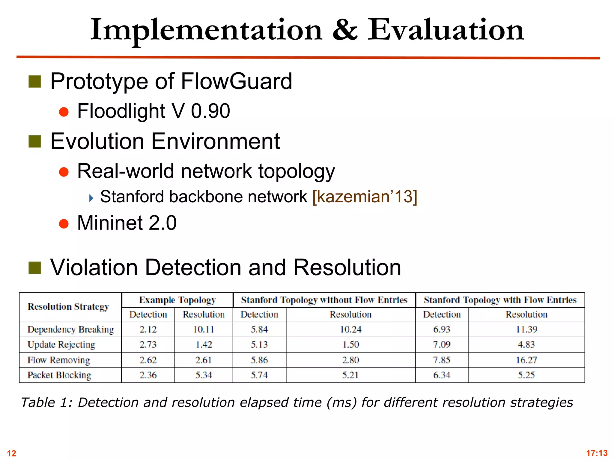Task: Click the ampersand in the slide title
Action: (x=345, y=30)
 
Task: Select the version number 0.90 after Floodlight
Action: (x=210, y=111)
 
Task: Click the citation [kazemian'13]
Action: (x=365, y=197)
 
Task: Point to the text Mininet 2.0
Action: (x=127, y=223)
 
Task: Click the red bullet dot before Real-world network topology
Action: (x=64, y=172)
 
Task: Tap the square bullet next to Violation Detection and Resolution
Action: (x=35, y=268)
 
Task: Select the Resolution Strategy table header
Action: (x=68, y=307)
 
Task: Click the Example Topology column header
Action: (x=177, y=300)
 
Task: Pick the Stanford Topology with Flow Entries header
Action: (x=500, y=300)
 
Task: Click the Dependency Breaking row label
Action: (x=71, y=330)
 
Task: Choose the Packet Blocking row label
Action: (x=59, y=375)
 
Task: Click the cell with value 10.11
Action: (x=204, y=330)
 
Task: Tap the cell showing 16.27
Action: (x=526, y=360)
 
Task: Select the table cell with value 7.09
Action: (x=442, y=345)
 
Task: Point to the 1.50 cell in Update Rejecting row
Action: (x=350, y=345)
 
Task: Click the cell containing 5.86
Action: (x=259, y=360)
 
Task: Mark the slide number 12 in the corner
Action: (x=11, y=453)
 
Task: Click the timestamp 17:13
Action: (x=597, y=453)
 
